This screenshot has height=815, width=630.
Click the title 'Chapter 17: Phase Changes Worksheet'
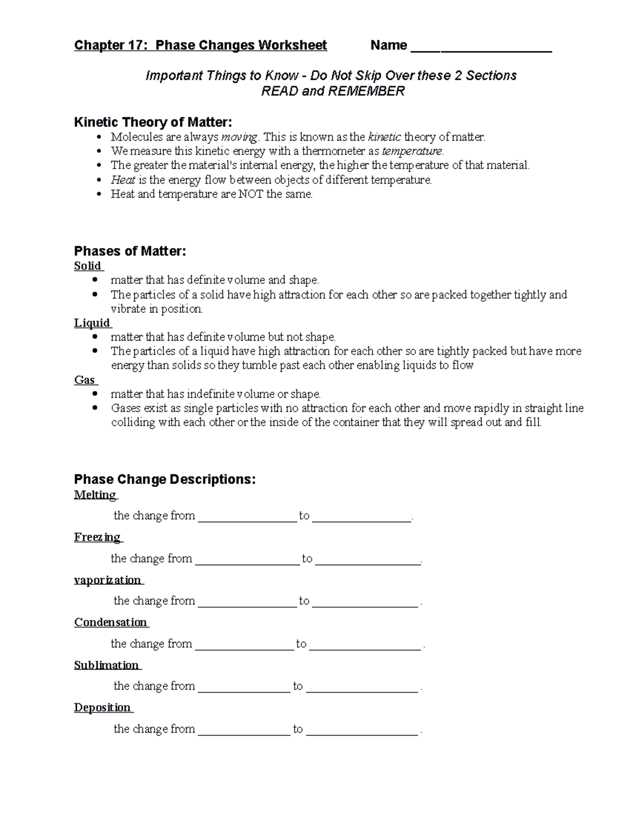click(x=201, y=46)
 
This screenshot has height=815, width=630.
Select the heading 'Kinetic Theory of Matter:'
click(x=153, y=122)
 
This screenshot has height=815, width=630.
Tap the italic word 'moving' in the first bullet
click(x=239, y=137)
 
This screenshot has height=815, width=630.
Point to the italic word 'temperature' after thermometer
click(x=412, y=152)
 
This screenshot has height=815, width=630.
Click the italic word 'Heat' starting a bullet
click(x=123, y=180)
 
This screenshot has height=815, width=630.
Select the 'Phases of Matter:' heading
click(x=130, y=251)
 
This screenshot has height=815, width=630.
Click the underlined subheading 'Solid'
click(x=88, y=266)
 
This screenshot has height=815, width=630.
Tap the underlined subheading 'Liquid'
click(x=92, y=323)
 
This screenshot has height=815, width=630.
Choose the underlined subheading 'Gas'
click(x=85, y=380)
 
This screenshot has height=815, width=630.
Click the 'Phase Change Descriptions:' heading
click(x=165, y=480)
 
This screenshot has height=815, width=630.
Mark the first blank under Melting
click(x=248, y=517)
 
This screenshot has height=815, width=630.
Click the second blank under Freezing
click(x=368, y=560)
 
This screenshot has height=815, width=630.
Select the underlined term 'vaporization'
click(x=108, y=580)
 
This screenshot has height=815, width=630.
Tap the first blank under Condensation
click(x=245, y=645)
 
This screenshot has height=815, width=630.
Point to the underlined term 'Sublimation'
click(x=107, y=665)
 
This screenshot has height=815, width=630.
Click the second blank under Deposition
click(x=362, y=731)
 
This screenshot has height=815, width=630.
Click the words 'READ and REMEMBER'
click(x=333, y=91)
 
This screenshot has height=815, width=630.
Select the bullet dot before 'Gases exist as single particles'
click(x=95, y=408)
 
